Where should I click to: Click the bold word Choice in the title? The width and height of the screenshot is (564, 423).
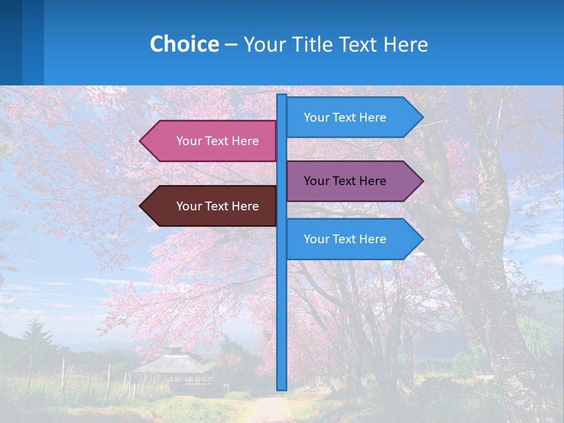pos(184,44)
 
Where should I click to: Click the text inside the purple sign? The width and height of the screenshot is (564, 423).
pos(345,181)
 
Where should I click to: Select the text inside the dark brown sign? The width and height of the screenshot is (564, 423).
pos(217,206)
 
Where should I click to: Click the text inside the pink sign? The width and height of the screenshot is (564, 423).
pos(217,141)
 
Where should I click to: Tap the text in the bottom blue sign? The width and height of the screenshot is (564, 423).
pos(345,239)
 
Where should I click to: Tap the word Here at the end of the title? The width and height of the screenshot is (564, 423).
pos(406,44)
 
